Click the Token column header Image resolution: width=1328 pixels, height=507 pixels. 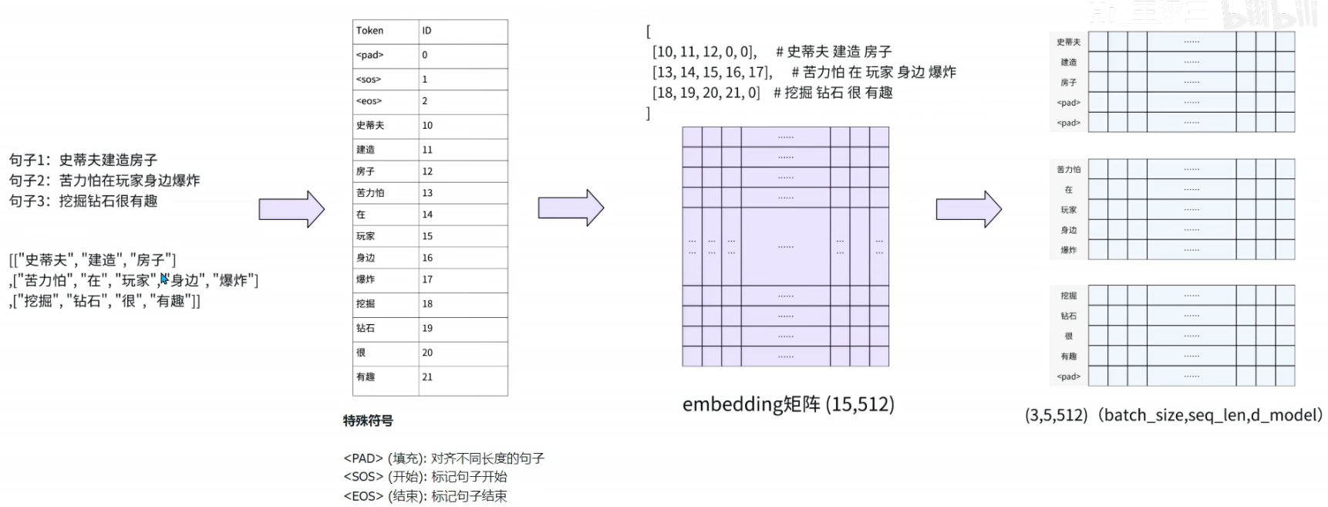(x=370, y=31)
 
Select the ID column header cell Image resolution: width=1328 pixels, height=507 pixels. (x=427, y=31)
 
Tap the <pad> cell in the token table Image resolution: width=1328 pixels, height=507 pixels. (x=370, y=56)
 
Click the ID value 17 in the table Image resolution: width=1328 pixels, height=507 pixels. (x=427, y=279)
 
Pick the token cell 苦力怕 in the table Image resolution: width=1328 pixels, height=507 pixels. (x=370, y=193)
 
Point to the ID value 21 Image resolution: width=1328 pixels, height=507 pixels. (x=427, y=377)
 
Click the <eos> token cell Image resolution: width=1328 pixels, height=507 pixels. (x=369, y=101)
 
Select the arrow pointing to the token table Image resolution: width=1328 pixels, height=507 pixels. (x=292, y=209)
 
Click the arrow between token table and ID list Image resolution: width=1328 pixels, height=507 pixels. (x=571, y=208)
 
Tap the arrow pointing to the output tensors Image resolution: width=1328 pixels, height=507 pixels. (x=969, y=208)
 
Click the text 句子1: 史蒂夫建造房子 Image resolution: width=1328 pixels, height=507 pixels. (x=83, y=160)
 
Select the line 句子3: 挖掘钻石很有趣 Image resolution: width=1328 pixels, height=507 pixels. (x=83, y=201)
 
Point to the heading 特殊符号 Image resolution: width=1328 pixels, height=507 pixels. (x=368, y=421)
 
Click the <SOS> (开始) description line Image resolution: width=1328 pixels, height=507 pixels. (x=425, y=477)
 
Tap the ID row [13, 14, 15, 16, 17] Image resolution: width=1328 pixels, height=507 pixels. (x=712, y=73)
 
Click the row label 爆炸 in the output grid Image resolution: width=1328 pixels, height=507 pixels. (x=1068, y=250)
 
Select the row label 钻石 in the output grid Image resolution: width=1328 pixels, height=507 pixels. (x=1068, y=316)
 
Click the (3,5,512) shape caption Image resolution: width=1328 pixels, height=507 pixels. (x=1173, y=415)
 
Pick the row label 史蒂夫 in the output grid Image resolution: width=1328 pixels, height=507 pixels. (x=1068, y=42)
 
